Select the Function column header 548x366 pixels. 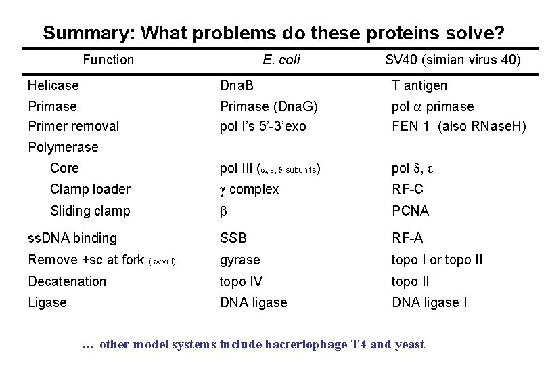coord(108,60)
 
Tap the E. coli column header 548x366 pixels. coord(281,60)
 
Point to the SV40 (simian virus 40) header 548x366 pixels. coord(453,60)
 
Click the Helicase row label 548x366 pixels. coord(53,85)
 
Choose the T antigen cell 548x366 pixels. coord(419,85)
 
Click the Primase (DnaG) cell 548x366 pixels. coord(269,106)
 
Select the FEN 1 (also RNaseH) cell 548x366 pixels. coord(459,126)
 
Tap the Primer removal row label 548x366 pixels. coord(73,126)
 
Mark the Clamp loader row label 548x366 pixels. coord(90,189)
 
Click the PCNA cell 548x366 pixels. coord(411,211)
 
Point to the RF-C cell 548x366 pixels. coord(408,189)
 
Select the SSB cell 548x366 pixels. coord(233,238)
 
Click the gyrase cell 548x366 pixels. coord(240,260)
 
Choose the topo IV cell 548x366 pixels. coord(242,281)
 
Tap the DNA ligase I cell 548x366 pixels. coord(430,302)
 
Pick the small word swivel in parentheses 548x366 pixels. coord(162,261)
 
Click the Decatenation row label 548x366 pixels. coord(67,281)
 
